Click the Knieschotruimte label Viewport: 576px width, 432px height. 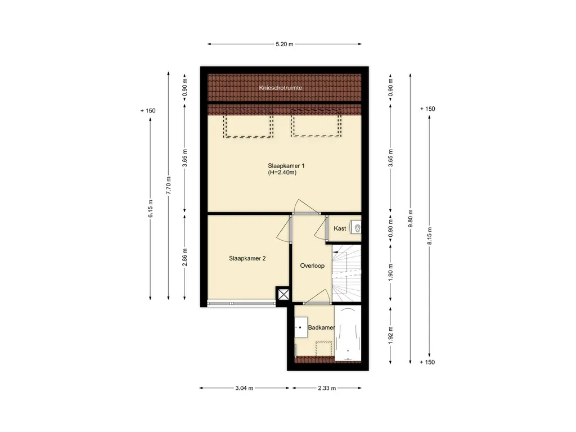pos(280,88)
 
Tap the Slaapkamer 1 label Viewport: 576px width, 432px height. pos(286,166)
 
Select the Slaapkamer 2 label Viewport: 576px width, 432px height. pos(247,258)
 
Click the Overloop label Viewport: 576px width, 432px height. pos(312,265)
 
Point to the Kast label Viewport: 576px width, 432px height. pos(340,228)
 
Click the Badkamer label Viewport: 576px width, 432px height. pos(321,327)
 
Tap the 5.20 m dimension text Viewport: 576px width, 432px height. pos(285,44)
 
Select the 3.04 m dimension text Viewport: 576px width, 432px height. pos(244,388)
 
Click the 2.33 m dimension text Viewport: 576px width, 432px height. pos(327,388)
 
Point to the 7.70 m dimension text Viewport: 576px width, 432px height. pos(169,186)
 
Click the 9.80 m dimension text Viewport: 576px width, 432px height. pos(410,218)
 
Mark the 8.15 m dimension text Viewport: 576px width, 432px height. pos(429,236)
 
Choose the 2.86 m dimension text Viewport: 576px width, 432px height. pos(184,257)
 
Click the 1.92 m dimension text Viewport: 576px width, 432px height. pos(390,335)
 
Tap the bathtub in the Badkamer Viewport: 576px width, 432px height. pos(348,333)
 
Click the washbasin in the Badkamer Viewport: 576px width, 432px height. pos(301,327)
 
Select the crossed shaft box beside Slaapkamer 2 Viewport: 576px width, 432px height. pos(283,294)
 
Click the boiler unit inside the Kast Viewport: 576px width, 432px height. pos(355,228)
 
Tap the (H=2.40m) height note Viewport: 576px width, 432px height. pos(282,172)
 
